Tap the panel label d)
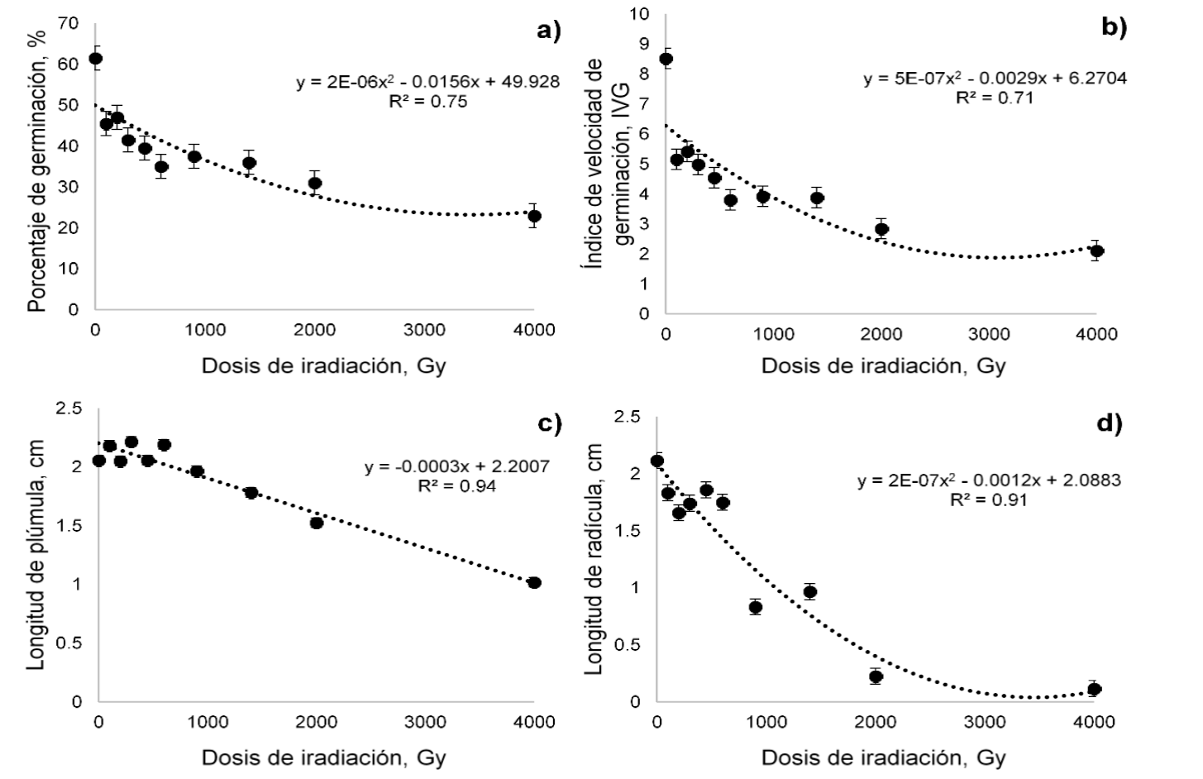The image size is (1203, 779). pos(1109,423)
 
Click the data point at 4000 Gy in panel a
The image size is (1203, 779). pos(534,216)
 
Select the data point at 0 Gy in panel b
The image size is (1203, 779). pos(666,59)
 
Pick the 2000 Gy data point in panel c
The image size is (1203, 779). pos(316,522)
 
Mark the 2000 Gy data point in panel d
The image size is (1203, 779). pos(876,676)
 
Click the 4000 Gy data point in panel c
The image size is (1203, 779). pos(534,582)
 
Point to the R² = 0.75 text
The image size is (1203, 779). pos(427,102)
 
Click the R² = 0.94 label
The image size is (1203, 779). pos(456,486)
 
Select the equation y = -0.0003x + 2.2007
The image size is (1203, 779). pos(456,468)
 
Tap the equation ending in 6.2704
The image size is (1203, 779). pos(995,79)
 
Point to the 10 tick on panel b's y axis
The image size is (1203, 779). pos(641,14)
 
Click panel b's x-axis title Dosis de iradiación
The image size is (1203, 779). pos(883,366)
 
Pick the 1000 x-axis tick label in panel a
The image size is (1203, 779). pos(205,330)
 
